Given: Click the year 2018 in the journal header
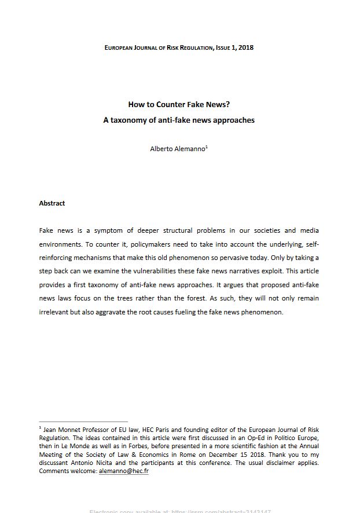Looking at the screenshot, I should click(x=246, y=47).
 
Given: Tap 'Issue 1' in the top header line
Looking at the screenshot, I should click(x=222, y=47).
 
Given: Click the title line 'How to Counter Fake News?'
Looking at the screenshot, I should click(x=179, y=105).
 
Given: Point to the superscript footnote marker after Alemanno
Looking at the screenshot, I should click(x=207, y=146).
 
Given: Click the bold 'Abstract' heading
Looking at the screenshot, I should click(x=52, y=203).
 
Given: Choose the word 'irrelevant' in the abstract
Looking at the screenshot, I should click(x=54, y=312).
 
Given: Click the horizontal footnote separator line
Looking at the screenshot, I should click(x=83, y=422).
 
